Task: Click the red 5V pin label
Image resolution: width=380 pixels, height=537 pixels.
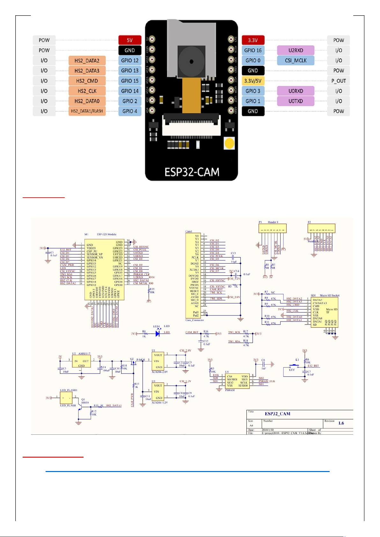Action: (x=130, y=40)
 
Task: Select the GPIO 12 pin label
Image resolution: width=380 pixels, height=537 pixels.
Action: (x=130, y=61)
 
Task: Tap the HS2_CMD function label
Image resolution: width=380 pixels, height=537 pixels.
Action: (x=87, y=81)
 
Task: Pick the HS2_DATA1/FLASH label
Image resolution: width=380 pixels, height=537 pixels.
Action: (x=87, y=111)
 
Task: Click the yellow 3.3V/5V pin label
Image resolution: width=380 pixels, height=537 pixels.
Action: (x=253, y=81)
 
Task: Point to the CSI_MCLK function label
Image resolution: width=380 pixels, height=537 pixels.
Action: (x=296, y=61)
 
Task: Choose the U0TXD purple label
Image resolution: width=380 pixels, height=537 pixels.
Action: (x=296, y=101)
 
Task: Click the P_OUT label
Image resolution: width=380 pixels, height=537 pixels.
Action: (x=339, y=81)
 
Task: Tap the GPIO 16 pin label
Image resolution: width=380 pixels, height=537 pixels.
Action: (x=253, y=50)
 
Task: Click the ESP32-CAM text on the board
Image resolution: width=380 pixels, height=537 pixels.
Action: (x=192, y=172)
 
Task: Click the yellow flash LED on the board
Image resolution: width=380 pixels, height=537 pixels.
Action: (x=230, y=143)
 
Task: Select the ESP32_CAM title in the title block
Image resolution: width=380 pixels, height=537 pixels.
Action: (x=277, y=414)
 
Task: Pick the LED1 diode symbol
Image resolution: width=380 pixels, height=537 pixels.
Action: (x=157, y=334)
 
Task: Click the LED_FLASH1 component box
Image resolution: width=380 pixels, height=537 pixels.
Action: (x=66, y=398)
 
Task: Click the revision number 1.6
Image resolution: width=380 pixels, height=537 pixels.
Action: (x=341, y=423)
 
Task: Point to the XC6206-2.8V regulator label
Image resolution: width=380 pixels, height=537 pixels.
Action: (x=160, y=372)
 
